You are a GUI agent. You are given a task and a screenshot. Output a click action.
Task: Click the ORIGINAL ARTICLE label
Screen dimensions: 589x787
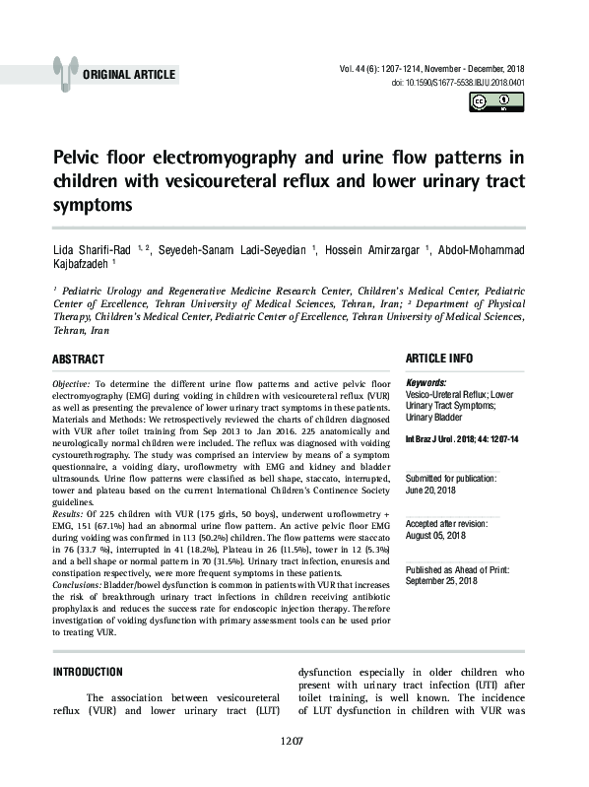pyautogui.click(x=129, y=75)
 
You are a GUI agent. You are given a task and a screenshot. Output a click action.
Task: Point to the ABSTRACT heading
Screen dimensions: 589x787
pyautogui.click(x=78, y=360)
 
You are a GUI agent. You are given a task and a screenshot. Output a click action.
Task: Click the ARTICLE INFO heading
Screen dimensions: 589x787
pyautogui.click(x=439, y=359)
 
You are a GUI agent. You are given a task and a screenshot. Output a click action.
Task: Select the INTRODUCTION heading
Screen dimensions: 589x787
pyautogui.click(x=87, y=672)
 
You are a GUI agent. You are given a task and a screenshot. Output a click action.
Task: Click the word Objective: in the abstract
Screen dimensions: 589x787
pyautogui.click(x=71, y=381)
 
